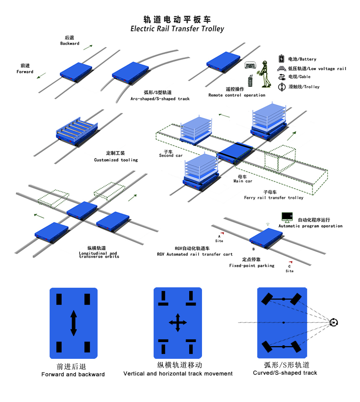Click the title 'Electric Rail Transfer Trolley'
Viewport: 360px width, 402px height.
click(x=177, y=29)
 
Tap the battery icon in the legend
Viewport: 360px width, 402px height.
click(x=281, y=59)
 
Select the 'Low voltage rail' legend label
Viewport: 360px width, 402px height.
click(x=317, y=69)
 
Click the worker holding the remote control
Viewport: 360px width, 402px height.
click(x=264, y=74)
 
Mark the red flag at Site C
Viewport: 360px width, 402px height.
click(x=291, y=262)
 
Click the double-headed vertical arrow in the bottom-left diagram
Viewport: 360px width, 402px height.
click(x=74, y=322)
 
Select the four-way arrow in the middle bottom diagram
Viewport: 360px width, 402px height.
click(x=178, y=322)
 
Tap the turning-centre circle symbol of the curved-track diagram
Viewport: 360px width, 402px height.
click(x=334, y=322)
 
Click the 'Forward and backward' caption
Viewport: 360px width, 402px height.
click(x=73, y=374)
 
